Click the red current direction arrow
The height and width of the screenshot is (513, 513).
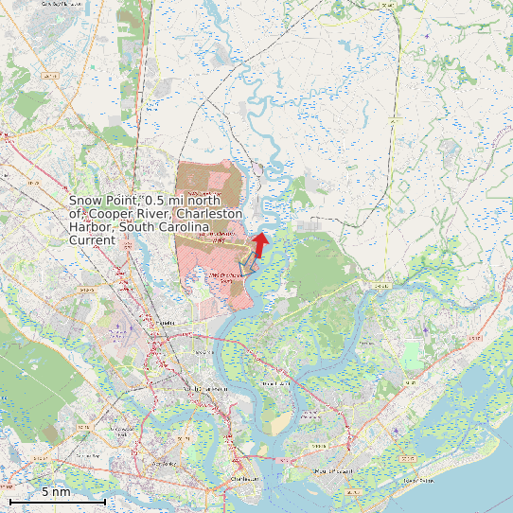pyautogui.click(x=258, y=243)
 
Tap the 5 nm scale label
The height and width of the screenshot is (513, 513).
pyautogui.click(x=56, y=491)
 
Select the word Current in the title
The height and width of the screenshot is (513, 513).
pyautogui.click(x=92, y=240)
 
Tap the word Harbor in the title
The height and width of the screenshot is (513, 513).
pyautogui.click(x=91, y=227)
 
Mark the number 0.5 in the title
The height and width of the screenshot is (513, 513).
pyautogui.click(x=156, y=201)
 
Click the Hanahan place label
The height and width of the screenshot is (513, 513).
pyautogui.click(x=168, y=323)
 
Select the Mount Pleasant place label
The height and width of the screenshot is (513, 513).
pyautogui.click(x=332, y=470)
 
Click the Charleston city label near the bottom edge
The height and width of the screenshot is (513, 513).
pyautogui.click(x=244, y=481)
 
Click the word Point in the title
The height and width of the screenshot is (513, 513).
pyautogui.click(x=124, y=201)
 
